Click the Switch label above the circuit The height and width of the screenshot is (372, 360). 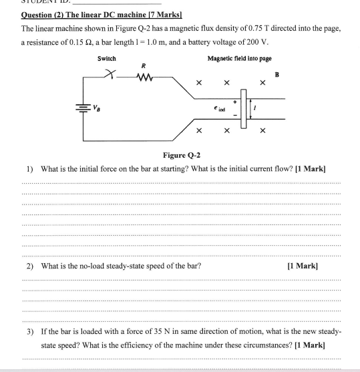click(x=107, y=59)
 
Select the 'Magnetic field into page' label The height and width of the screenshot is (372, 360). click(x=239, y=59)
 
